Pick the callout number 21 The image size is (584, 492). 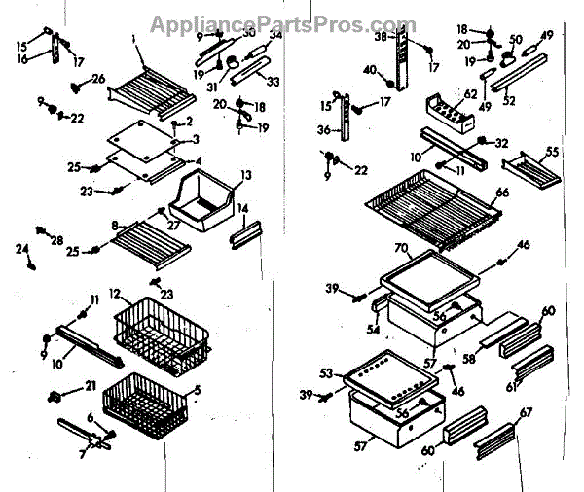click(x=91, y=387)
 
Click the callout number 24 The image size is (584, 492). click(x=22, y=248)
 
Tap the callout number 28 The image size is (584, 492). click(x=56, y=240)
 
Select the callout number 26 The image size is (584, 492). click(x=98, y=79)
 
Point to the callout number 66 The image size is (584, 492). click(x=502, y=193)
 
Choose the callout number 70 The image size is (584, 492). click(x=399, y=250)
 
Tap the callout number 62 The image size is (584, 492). click(x=470, y=94)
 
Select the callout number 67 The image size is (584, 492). click(x=528, y=413)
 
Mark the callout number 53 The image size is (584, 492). click(x=327, y=372)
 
